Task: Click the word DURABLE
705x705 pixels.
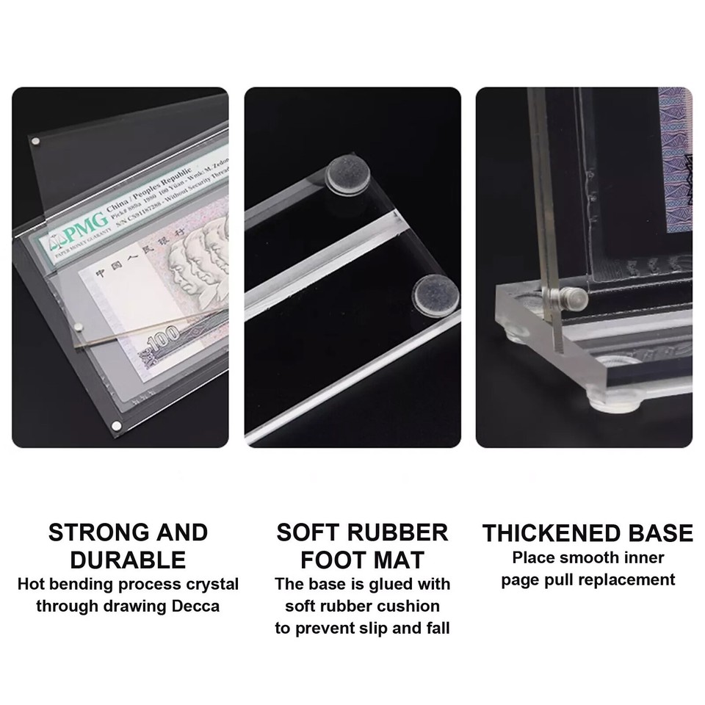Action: (128, 560)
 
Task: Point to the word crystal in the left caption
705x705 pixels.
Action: (210, 585)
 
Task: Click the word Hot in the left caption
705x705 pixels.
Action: (32, 585)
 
